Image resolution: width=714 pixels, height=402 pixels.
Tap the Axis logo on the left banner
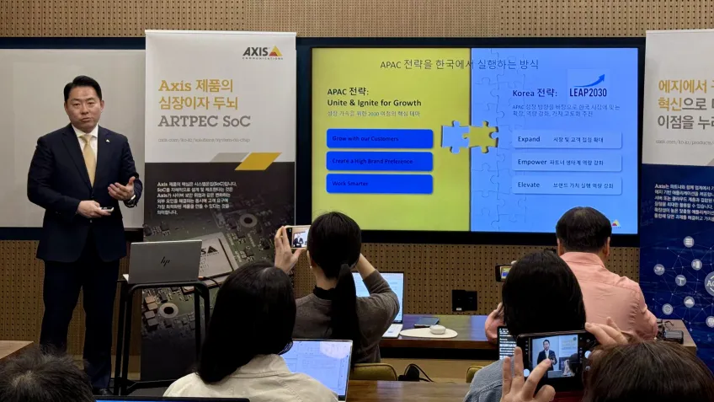point(262,52)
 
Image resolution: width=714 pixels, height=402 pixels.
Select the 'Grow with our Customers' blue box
point(379,138)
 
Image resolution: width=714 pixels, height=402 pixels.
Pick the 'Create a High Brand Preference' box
point(379,161)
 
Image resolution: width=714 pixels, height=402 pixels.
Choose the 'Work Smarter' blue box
point(379,184)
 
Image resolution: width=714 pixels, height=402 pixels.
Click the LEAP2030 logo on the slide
point(587,86)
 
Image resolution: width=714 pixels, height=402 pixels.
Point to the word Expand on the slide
point(529,139)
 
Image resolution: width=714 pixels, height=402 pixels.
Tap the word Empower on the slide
point(532,162)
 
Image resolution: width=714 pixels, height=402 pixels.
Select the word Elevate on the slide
point(529,185)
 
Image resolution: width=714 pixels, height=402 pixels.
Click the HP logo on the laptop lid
point(165,262)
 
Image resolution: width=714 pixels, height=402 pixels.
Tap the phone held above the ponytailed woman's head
point(297,237)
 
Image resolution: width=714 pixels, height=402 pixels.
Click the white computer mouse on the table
point(438,330)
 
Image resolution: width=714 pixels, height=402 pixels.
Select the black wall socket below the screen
point(464,301)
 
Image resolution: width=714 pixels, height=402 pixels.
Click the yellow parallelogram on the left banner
point(257,161)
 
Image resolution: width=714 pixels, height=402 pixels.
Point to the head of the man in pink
point(583,230)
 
